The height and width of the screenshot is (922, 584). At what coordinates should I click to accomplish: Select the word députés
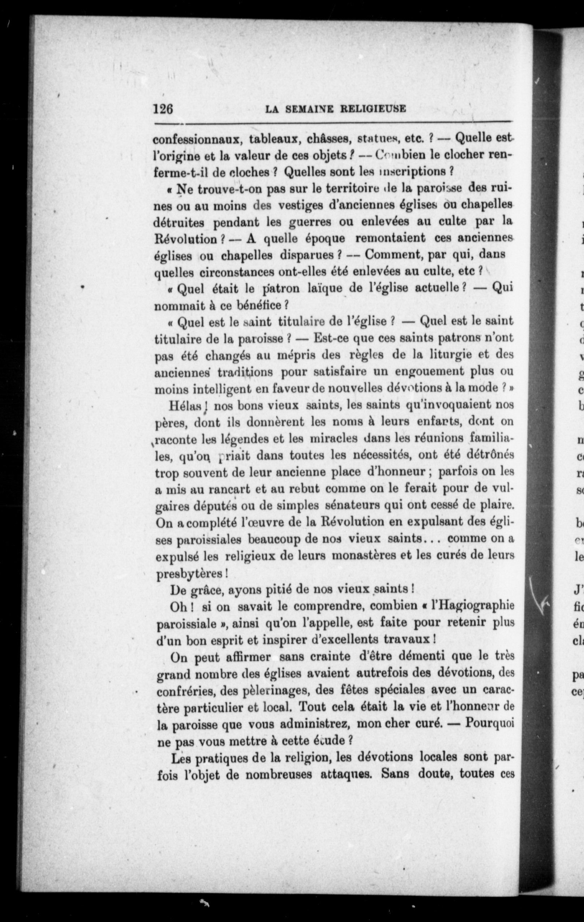click(220, 507)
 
